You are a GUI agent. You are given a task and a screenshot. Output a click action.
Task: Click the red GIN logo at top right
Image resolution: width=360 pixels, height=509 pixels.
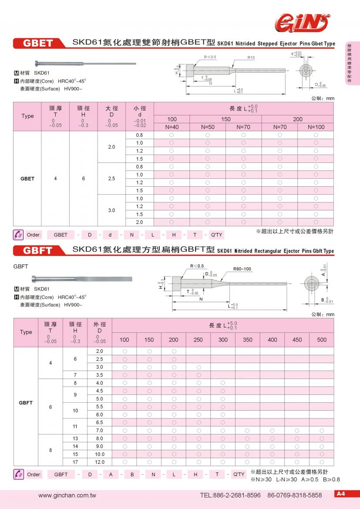tap(300, 22)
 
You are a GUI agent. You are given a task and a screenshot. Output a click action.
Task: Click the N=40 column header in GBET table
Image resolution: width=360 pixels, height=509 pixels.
tap(172, 127)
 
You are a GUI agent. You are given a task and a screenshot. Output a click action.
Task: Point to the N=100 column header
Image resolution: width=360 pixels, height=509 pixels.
tap(316, 127)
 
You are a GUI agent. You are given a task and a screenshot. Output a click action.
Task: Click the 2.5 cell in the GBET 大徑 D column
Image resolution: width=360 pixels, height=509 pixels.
tap(111, 179)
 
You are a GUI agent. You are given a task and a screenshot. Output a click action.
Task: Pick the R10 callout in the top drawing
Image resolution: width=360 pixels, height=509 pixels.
tap(251, 57)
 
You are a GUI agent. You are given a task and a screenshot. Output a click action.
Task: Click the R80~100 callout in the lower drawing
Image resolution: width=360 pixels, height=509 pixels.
tap(242, 269)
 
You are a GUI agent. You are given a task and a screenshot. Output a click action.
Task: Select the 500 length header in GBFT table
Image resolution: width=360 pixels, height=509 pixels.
tap(322, 340)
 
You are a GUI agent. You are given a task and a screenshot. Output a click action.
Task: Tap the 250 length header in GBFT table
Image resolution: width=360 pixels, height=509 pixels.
tap(198, 340)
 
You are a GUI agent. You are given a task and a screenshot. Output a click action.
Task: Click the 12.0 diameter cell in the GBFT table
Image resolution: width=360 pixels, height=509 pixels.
tap(99, 462)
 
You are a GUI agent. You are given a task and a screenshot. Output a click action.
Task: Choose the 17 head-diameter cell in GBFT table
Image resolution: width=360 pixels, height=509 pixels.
tap(75, 462)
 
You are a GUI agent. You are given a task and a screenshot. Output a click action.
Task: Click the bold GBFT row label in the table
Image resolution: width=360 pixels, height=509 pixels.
tap(26, 403)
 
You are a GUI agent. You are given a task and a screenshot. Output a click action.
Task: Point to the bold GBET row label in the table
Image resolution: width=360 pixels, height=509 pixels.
tap(27, 179)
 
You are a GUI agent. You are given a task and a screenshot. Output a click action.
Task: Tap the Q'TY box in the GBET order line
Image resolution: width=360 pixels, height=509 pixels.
tap(216, 235)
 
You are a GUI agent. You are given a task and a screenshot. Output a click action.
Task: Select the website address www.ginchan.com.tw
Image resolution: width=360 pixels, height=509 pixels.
tap(67, 495)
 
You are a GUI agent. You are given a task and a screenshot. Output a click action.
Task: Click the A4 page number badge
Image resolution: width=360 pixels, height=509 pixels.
tap(340, 494)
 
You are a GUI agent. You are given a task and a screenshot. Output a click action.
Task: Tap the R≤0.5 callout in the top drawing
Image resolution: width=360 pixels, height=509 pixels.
tap(210, 57)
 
